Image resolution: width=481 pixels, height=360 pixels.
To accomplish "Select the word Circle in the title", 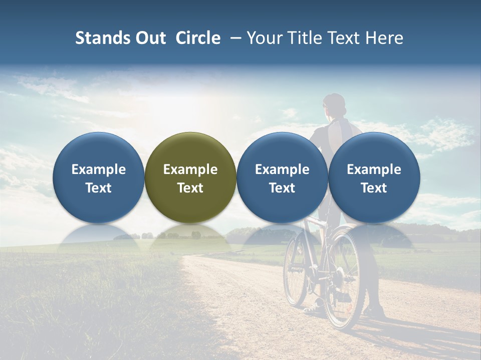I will (198, 38).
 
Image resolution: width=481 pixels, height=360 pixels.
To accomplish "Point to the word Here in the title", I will (384, 38).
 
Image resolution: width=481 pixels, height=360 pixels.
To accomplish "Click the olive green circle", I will (190, 177).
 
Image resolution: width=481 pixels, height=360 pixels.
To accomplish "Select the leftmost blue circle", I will (99, 177).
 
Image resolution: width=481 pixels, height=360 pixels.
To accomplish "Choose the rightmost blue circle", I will (374, 177).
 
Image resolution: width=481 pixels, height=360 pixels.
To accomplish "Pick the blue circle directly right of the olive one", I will (282, 177).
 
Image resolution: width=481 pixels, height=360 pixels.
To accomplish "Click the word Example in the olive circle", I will (190, 169).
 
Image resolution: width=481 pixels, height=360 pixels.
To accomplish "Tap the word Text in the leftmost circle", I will (99, 188).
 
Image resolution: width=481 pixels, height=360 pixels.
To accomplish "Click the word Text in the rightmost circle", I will (374, 188).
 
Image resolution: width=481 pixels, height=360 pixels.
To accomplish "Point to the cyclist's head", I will (334, 105).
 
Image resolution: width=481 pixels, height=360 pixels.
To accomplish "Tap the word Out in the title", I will (149, 38).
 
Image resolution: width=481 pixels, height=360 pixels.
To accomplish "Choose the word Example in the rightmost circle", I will (374, 169).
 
